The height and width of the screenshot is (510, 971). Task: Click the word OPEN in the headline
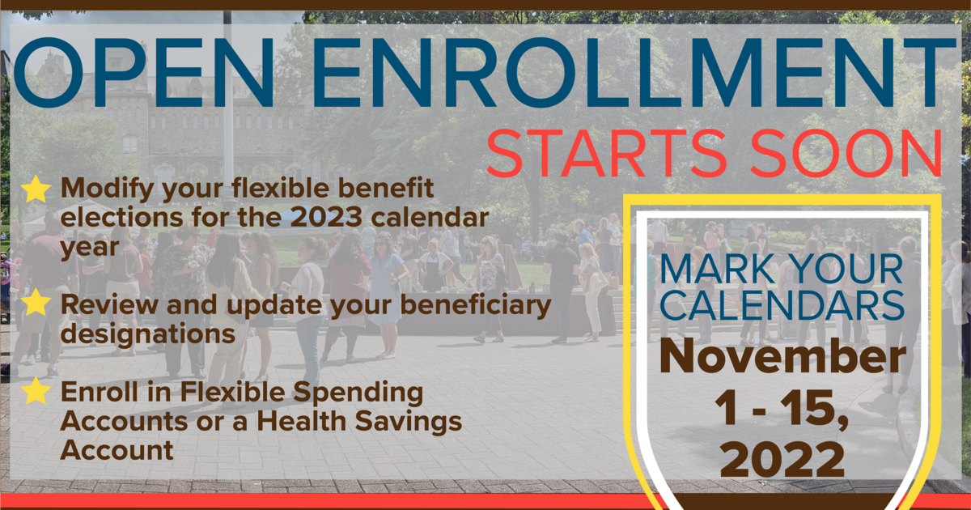144,72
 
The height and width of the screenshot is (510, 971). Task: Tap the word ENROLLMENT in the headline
634,72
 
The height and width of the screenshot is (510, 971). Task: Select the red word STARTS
606,153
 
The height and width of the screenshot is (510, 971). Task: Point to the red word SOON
846,153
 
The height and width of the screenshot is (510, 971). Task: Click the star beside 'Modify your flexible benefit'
36,189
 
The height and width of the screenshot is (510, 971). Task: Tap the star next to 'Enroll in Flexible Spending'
36,391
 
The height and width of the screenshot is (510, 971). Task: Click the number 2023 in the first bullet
326,217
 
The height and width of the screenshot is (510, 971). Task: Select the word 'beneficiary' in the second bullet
476,305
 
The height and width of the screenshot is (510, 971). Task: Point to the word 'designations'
148,335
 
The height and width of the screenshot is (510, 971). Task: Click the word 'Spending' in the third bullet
358,393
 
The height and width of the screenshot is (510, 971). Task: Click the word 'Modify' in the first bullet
108,189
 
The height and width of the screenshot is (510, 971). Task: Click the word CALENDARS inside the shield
782,305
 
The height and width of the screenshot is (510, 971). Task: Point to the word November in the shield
783,357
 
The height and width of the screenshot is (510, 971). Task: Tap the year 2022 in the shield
782,460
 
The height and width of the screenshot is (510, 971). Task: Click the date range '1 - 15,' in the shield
781,409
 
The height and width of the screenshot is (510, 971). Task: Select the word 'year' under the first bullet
90,248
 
